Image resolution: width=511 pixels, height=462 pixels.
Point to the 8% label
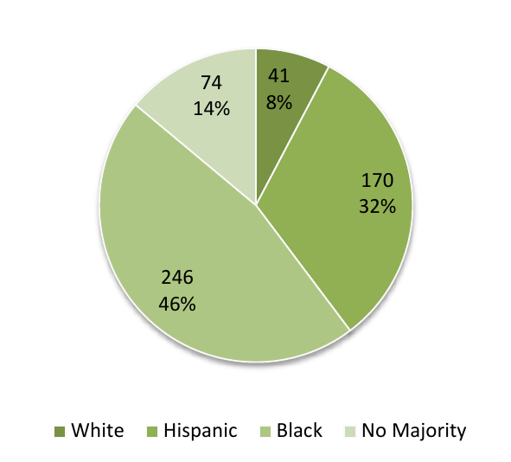(x=279, y=103)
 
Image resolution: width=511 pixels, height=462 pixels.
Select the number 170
(x=377, y=181)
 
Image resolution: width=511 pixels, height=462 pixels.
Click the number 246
(x=177, y=278)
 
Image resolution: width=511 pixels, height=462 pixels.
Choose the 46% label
(x=177, y=304)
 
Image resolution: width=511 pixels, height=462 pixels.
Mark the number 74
(x=211, y=84)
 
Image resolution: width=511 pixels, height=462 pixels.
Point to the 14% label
(x=211, y=109)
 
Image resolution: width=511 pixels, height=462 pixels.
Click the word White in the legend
(x=98, y=431)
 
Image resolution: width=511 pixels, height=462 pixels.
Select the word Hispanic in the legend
(x=200, y=431)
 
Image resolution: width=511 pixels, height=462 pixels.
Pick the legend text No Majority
(x=414, y=431)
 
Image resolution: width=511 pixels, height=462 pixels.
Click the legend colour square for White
(x=60, y=431)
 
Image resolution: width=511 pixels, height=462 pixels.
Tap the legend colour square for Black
(x=265, y=431)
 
